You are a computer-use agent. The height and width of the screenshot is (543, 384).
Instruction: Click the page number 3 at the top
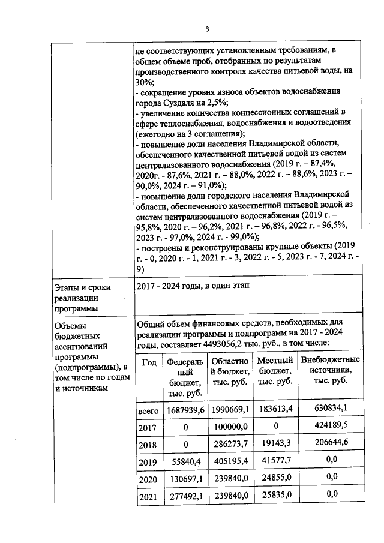(208, 28)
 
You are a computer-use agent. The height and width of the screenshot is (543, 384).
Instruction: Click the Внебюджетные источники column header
(330, 370)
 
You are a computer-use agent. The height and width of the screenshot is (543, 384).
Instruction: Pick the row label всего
(148, 410)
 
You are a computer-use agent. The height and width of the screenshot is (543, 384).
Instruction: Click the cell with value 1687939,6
(186, 410)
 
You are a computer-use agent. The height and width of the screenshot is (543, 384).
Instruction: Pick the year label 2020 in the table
(148, 480)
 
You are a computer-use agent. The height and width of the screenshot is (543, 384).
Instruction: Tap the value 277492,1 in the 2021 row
(186, 496)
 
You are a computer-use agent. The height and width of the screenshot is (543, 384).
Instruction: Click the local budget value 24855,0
(275, 479)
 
